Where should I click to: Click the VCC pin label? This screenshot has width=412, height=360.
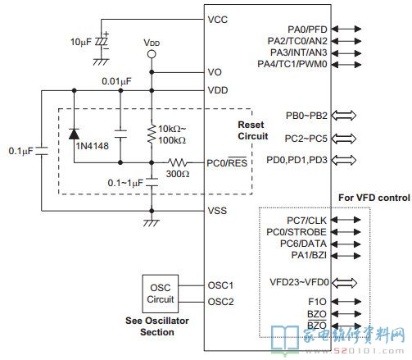point(217,20)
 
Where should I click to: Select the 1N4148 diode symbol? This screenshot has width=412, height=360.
point(74,134)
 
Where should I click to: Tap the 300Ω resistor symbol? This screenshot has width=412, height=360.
point(178,163)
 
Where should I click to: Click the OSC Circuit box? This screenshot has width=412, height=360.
point(161,294)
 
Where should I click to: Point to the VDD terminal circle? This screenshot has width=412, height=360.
point(152,54)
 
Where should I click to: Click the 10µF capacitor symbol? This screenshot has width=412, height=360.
point(101,42)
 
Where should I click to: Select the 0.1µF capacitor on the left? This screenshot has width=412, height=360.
point(42,151)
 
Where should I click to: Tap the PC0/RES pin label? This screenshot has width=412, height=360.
point(227,162)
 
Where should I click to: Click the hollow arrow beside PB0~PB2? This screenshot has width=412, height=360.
point(344,116)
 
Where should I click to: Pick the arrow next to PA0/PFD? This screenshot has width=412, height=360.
point(346,29)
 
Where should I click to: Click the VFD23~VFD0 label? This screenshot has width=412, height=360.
point(299,282)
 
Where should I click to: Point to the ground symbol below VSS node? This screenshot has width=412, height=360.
point(152,222)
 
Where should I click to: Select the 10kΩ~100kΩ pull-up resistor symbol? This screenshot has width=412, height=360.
point(152,134)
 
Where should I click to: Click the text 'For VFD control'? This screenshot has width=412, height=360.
point(374,198)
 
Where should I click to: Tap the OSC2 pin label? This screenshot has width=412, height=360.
point(220,302)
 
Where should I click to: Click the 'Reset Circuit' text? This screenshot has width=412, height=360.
point(253,130)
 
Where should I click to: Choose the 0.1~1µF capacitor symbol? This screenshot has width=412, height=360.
point(152,182)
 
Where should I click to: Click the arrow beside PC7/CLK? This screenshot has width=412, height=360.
point(346,220)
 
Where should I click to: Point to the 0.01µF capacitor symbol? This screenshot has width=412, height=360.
point(120,134)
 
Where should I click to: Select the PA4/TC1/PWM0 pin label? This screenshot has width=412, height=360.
point(292,64)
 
